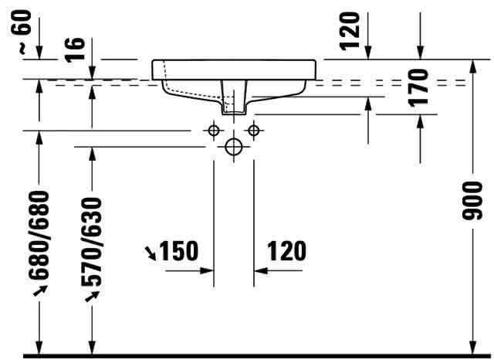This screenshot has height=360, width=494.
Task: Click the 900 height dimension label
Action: click(x=472, y=201)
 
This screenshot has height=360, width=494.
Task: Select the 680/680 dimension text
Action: click(x=39, y=235)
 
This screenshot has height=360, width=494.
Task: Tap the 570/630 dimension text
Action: click(x=91, y=242)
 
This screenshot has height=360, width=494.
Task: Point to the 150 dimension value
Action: click(x=179, y=251)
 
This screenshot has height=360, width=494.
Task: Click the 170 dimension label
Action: click(x=418, y=87)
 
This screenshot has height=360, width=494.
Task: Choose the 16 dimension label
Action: click(x=75, y=49)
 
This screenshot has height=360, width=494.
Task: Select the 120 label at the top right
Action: click(x=350, y=30)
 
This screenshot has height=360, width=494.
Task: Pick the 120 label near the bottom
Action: click(x=286, y=251)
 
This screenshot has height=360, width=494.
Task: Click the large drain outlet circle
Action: click(x=233, y=147)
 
